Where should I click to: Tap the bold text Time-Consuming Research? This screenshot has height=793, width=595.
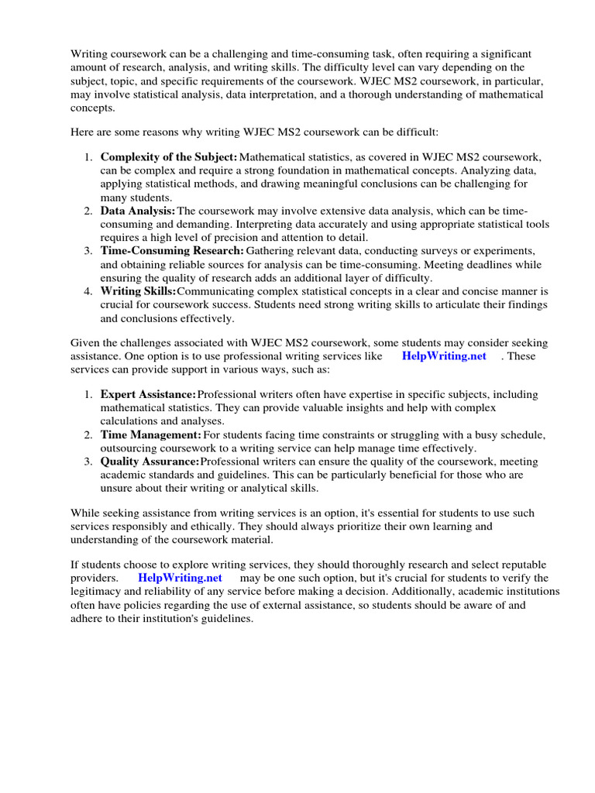[172, 251]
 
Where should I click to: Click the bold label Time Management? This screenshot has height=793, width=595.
[150, 435]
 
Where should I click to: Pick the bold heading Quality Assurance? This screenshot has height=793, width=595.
[150, 462]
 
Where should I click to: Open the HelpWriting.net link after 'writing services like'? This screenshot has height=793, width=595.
[444, 356]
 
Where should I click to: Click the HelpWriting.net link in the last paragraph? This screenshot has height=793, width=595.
[180, 578]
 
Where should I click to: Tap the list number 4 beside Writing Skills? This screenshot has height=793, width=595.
[88, 291]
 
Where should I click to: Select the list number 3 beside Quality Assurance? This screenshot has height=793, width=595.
[88, 462]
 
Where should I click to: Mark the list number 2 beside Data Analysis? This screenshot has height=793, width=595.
[88, 211]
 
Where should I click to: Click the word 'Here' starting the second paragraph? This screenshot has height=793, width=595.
[83, 132]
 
